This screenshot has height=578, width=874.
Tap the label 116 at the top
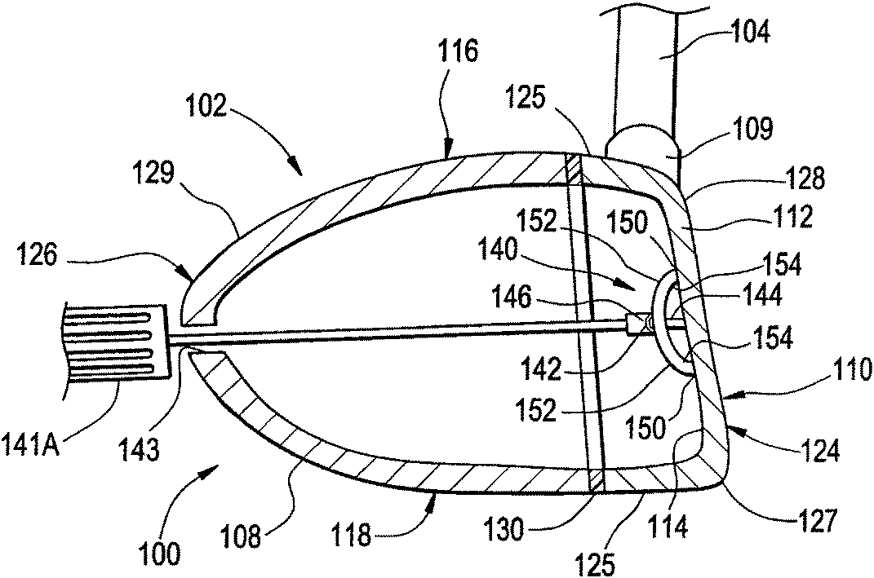click(x=458, y=52)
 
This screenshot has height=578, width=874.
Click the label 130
click(x=504, y=529)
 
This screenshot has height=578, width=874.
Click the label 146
click(x=512, y=297)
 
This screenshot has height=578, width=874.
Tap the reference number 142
click(x=541, y=368)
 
